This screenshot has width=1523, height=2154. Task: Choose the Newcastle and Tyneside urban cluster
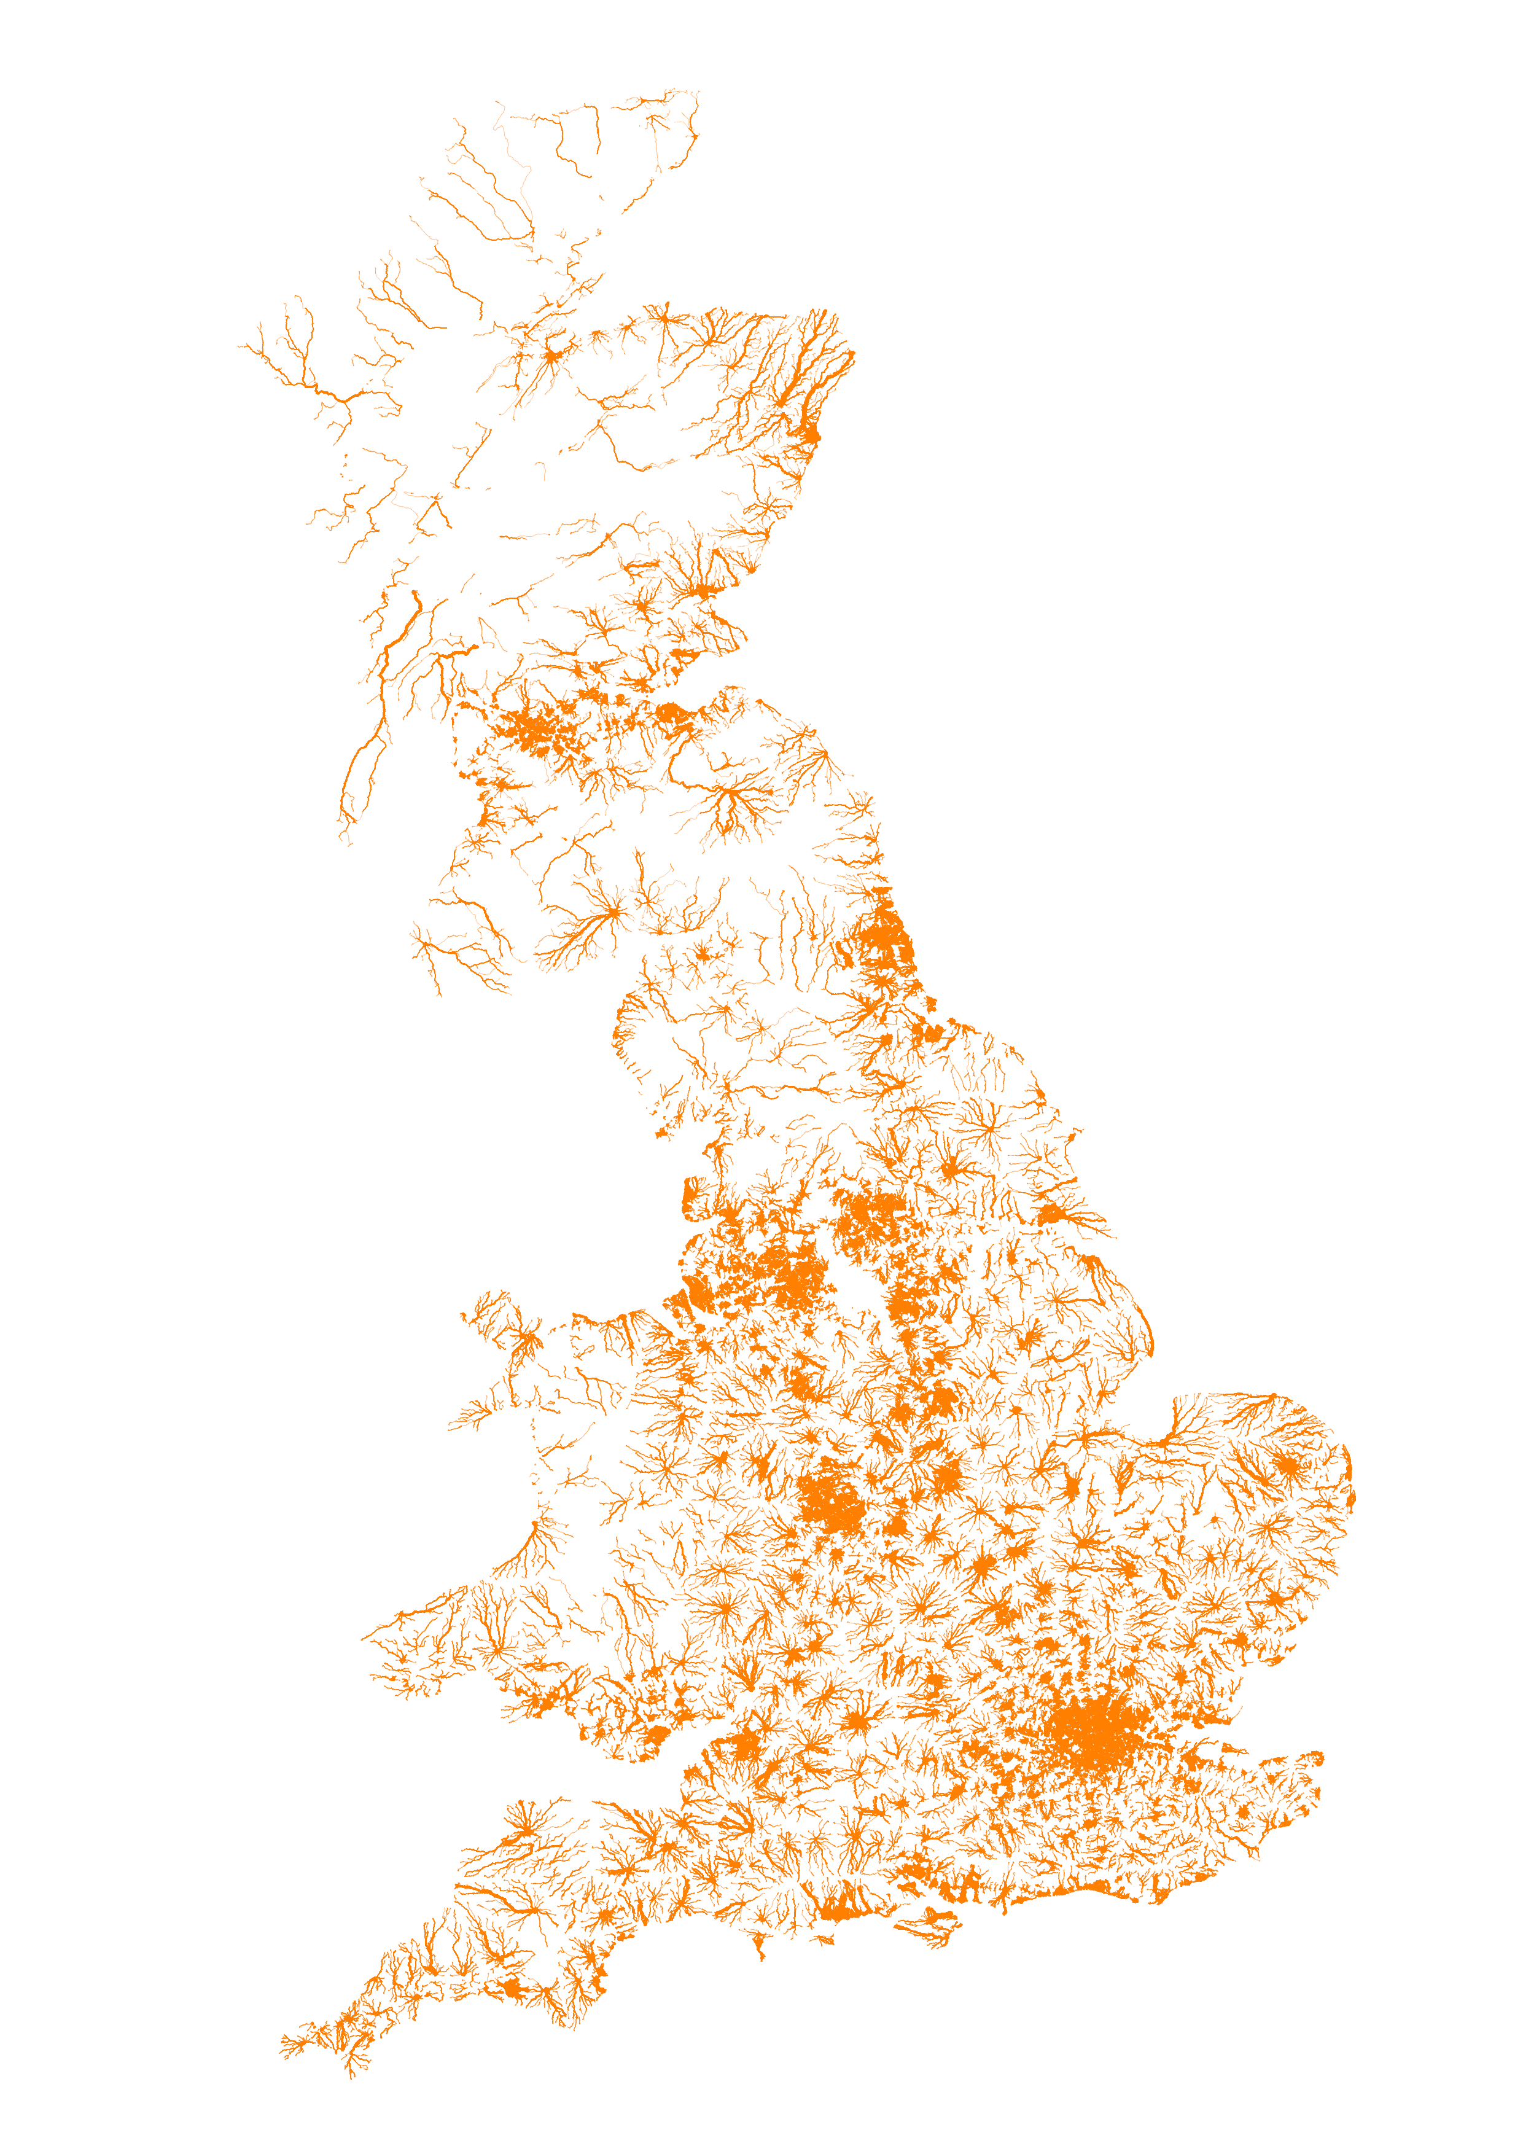click(881, 938)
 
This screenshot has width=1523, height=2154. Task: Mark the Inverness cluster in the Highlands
click(553, 356)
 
